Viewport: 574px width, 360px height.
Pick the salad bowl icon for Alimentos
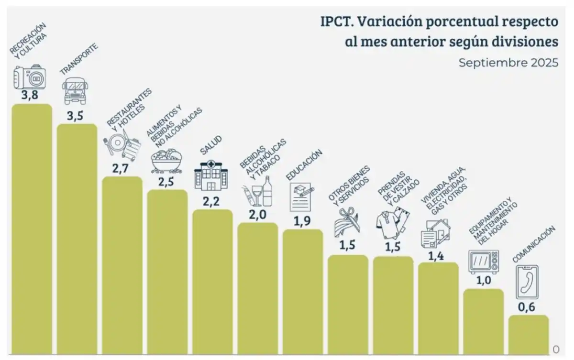point(166,161)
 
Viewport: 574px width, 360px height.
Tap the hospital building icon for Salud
point(210,176)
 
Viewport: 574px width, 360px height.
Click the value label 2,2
point(211,201)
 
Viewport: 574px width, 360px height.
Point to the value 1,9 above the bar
point(302,221)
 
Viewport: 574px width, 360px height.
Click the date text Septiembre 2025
point(508,63)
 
